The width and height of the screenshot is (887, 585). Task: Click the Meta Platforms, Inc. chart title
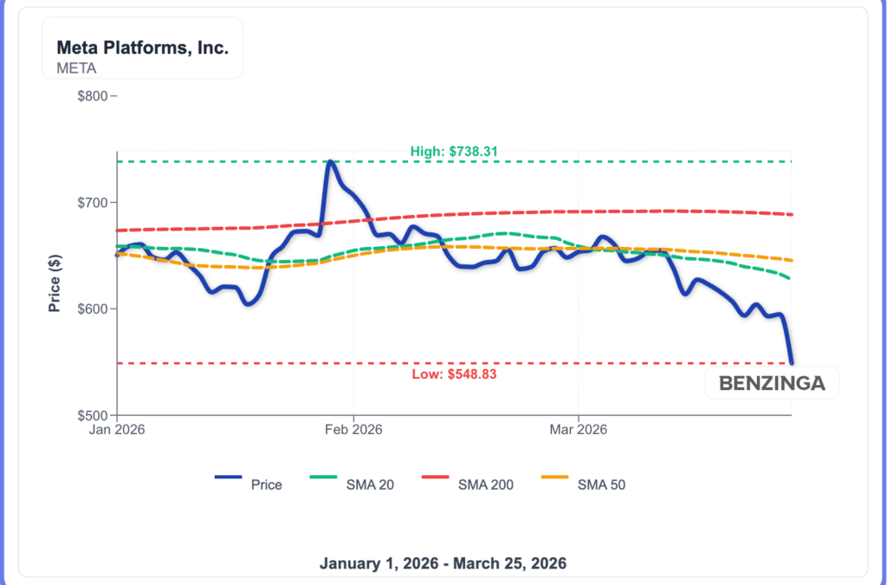(142, 48)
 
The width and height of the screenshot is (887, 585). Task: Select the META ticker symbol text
(76, 68)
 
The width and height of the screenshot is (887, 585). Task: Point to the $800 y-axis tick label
(91, 95)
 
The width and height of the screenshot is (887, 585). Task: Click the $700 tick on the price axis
(91, 203)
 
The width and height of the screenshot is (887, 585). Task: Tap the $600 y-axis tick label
(91, 309)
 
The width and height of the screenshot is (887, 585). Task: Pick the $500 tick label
(91, 416)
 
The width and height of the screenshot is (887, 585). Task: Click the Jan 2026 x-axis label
(117, 429)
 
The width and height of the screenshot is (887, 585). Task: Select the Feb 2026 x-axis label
(353, 429)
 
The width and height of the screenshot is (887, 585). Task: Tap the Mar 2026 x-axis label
(579, 429)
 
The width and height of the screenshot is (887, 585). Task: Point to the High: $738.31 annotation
(454, 152)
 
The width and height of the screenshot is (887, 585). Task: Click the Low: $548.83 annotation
(455, 374)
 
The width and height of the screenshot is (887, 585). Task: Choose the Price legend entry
(249, 484)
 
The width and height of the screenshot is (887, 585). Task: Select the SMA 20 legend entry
(353, 484)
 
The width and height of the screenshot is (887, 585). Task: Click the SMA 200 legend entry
(468, 484)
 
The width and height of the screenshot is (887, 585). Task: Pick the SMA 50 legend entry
(583, 484)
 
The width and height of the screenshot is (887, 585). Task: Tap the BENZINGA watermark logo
(772, 382)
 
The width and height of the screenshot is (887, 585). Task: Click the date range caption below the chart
(443, 563)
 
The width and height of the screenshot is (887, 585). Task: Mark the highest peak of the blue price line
(330, 161)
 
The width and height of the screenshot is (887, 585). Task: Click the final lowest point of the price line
(791, 362)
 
